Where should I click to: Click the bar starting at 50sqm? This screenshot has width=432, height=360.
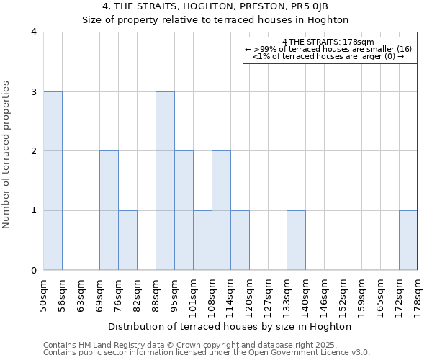point(53,181)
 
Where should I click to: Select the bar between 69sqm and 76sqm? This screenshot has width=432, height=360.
point(109,210)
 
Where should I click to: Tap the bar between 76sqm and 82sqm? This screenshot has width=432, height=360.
point(127,240)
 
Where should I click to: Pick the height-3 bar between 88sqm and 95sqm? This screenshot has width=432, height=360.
point(165,181)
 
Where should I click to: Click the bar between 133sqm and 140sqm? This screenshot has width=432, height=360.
point(296,240)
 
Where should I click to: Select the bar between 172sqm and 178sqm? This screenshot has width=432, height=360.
point(408,240)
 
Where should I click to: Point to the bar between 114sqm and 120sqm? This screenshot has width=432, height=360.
point(240,240)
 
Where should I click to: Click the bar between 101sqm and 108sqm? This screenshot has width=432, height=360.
point(202,240)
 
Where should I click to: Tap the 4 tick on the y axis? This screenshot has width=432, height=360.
point(34,32)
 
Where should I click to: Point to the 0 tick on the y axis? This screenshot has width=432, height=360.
point(34,270)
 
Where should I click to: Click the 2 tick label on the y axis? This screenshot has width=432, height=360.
point(34,151)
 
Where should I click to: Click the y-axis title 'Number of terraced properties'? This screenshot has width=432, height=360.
point(7,155)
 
